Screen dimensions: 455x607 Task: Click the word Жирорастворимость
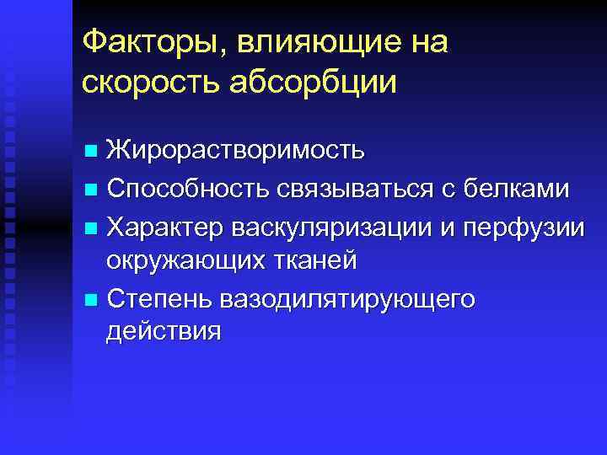point(236,152)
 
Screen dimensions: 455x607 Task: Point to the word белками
point(519,189)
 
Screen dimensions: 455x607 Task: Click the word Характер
point(165,225)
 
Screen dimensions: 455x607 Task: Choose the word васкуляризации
point(330,225)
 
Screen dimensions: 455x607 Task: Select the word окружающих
point(186,260)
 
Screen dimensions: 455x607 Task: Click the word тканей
point(315,260)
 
